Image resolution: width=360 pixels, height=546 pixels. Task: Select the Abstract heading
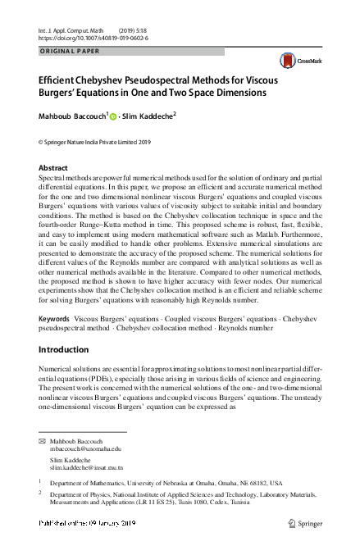53,167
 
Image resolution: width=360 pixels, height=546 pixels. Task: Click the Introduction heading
66,349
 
